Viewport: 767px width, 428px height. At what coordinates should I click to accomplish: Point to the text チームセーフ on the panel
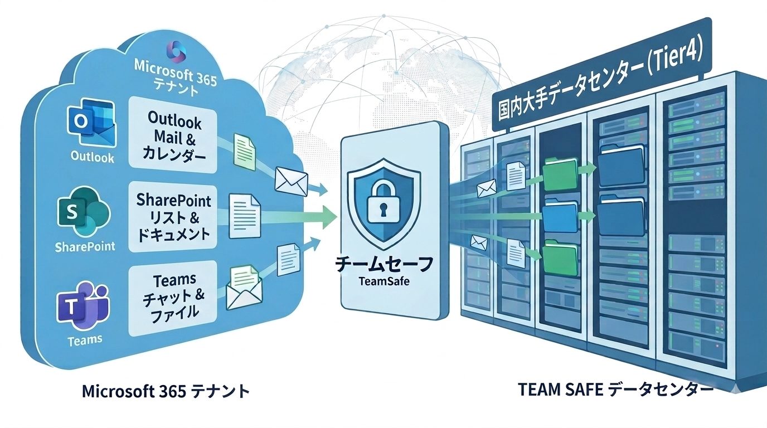point(383,264)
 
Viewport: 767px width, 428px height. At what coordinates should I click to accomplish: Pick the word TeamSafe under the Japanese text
point(383,281)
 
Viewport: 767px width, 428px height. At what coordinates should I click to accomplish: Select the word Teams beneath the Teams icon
point(85,340)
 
